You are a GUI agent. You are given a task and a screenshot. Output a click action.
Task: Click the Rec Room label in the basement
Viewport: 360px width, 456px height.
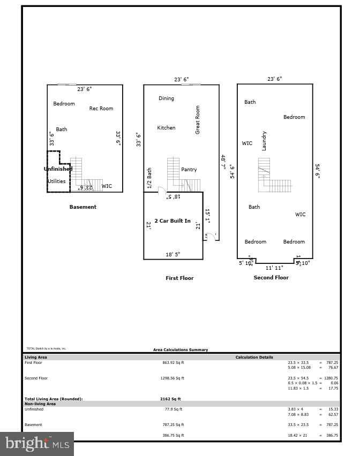[101, 109]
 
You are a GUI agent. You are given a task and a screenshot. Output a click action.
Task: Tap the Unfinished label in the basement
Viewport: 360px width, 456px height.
[58, 169]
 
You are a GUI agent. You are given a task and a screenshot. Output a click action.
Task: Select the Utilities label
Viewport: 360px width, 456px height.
[57, 181]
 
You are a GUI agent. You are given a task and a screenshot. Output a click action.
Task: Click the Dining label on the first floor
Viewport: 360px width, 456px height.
[166, 98]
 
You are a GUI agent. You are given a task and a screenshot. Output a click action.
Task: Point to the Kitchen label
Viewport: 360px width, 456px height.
[166, 128]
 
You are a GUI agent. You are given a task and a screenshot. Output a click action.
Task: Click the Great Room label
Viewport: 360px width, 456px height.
[198, 119]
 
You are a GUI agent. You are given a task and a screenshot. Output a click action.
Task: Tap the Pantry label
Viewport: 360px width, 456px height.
[189, 170]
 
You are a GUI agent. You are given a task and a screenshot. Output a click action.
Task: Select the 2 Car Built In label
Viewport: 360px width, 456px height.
[172, 221]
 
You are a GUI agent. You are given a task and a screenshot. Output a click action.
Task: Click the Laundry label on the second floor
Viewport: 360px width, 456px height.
[264, 141]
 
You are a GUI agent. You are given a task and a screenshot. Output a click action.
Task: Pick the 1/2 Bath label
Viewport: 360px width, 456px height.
[150, 178]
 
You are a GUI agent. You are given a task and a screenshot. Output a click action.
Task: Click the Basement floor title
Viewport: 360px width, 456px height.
[83, 207]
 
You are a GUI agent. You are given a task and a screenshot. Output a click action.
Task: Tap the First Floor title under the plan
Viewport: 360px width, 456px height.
[179, 278]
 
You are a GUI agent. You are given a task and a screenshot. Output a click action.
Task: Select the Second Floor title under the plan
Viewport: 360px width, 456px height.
[271, 278]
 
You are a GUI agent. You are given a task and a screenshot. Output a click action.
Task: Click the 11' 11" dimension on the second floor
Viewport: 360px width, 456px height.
[275, 268]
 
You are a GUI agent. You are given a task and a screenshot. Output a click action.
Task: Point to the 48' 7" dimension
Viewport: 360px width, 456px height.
[223, 163]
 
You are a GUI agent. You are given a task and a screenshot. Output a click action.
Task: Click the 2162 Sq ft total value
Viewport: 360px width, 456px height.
[170, 399]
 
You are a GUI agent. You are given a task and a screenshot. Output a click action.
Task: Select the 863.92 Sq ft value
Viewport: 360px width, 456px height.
[173, 363]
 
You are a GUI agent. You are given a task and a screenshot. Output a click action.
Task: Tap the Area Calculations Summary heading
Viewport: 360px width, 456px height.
[181, 350]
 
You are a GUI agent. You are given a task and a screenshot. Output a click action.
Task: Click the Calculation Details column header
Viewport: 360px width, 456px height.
[254, 357]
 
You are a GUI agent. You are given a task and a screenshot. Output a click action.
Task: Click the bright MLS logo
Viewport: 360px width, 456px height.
[36, 443]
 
